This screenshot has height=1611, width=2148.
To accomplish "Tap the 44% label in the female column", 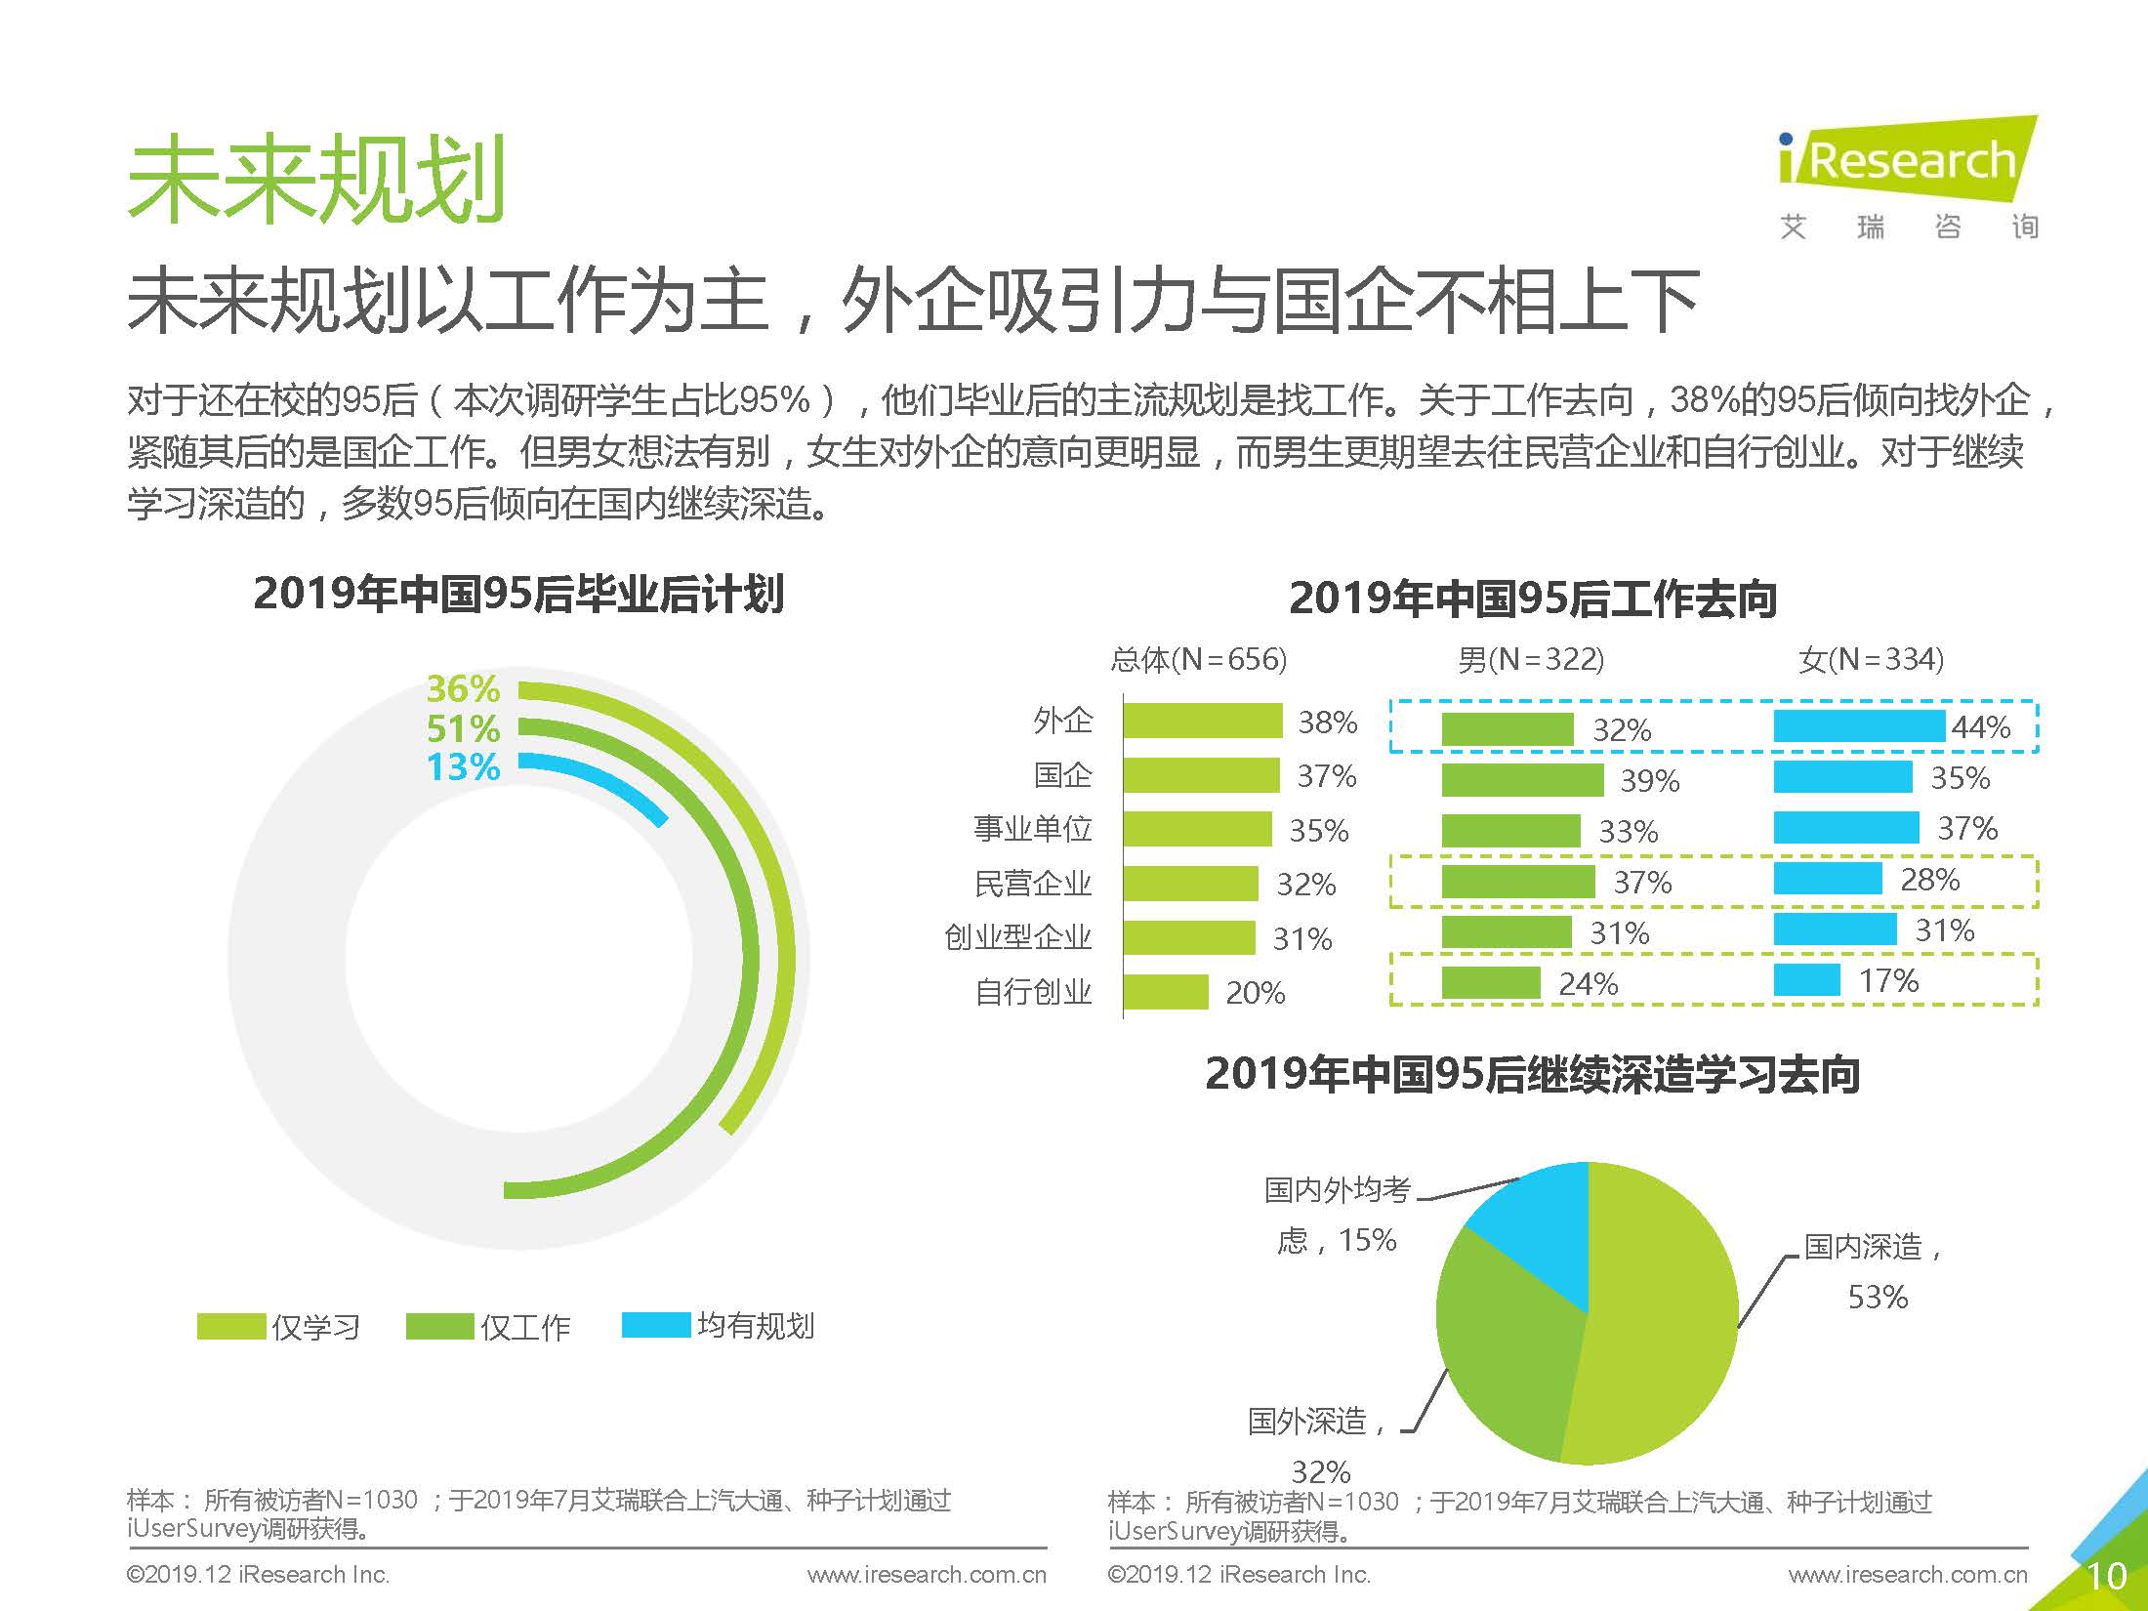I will (x=1980, y=726).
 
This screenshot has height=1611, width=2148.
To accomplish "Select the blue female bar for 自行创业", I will (x=1806, y=979).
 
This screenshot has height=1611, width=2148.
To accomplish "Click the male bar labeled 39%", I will (x=1521, y=780).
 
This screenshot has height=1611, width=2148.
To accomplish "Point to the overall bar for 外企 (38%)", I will (x=1202, y=721).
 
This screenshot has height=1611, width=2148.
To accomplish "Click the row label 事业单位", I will (x=1032, y=829).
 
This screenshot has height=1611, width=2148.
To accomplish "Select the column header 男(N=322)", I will (x=1530, y=660).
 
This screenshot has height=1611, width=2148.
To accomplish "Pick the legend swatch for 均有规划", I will (x=655, y=1325).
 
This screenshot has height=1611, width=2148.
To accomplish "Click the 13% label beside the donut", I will (x=463, y=766).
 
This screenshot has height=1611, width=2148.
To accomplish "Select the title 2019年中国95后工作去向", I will (x=1532, y=599).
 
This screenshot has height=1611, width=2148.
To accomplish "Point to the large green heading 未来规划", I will (x=316, y=180).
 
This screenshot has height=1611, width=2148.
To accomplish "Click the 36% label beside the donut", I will (x=463, y=688).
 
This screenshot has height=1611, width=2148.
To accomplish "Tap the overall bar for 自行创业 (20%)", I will (x=1166, y=991).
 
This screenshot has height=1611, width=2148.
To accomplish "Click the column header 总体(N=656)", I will (x=1198, y=660).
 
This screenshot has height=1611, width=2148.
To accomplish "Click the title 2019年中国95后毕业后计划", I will (x=518, y=594).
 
